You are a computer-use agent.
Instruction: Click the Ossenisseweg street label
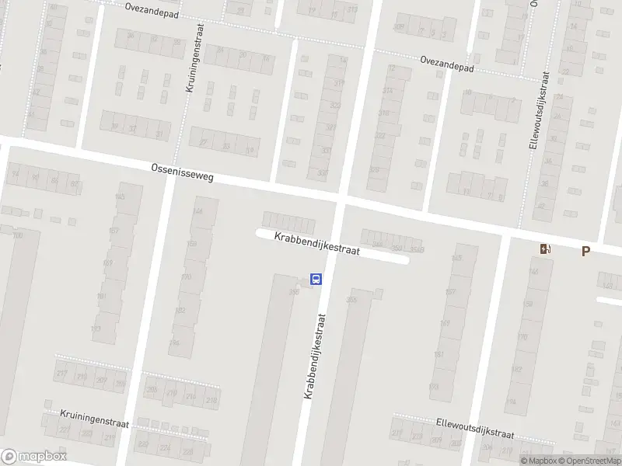click(182, 173)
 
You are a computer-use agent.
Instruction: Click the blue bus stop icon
click(316, 279)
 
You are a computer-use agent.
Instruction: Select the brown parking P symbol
click(585, 250)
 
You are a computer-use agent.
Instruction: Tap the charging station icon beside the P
click(546, 249)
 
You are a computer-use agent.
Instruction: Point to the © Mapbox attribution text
click(542, 461)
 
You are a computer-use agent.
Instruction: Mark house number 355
click(351, 300)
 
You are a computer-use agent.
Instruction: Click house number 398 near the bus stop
click(294, 292)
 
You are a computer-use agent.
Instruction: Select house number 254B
click(417, 249)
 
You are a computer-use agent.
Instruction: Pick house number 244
click(197, 211)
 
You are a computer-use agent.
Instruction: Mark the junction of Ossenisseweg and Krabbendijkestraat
click(341, 200)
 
